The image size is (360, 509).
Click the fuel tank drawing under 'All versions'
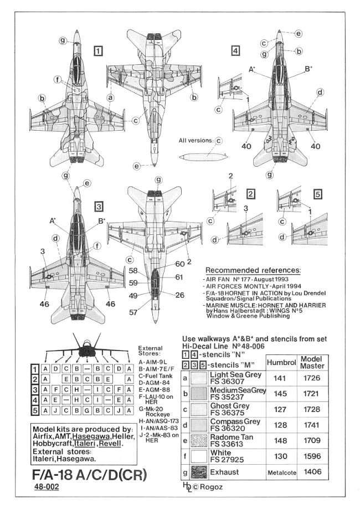coord(203,157)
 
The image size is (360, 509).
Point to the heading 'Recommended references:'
coord(253,270)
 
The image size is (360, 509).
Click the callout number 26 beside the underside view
coord(180,294)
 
